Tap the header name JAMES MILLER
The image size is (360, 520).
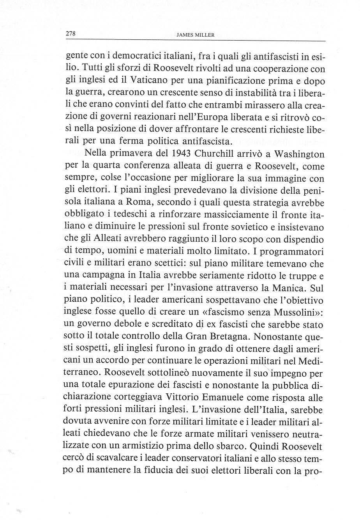(196, 35)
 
